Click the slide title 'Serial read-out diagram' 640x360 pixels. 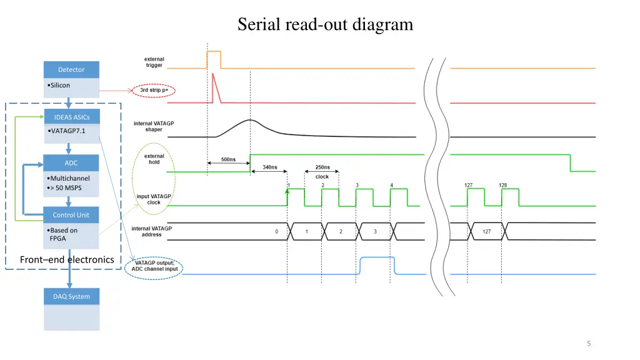coord(325,25)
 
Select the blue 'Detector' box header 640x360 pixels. coord(71,69)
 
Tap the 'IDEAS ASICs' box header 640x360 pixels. coord(71,117)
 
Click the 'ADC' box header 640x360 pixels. coord(71,163)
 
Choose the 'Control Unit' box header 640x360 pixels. coord(71,215)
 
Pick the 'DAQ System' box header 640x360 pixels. coord(71,296)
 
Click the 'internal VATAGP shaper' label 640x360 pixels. coord(148,126)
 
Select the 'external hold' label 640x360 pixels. coord(154,159)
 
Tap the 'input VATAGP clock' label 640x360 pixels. coord(154,199)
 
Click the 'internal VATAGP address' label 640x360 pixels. coord(151,231)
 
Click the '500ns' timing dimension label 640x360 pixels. coord(229,159)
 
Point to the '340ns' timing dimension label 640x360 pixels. coord(270,167)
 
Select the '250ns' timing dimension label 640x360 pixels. coord(322,167)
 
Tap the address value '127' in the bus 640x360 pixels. coord(486,231)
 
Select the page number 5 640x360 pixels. coord(589,343)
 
